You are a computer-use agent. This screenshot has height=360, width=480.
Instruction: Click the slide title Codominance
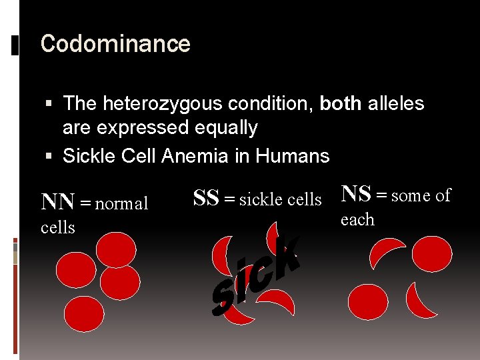(x=115, y=44)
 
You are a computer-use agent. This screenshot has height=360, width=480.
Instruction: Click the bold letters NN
(x=58, y=202)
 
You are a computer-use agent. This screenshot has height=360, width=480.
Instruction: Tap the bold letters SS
(x=206, y=198)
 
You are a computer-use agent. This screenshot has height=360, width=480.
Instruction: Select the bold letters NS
(x=357, y=194)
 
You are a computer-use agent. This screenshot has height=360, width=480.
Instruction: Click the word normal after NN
(x=121, y=203)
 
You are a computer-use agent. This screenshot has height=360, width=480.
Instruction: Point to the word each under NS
(x=357, y=219)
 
